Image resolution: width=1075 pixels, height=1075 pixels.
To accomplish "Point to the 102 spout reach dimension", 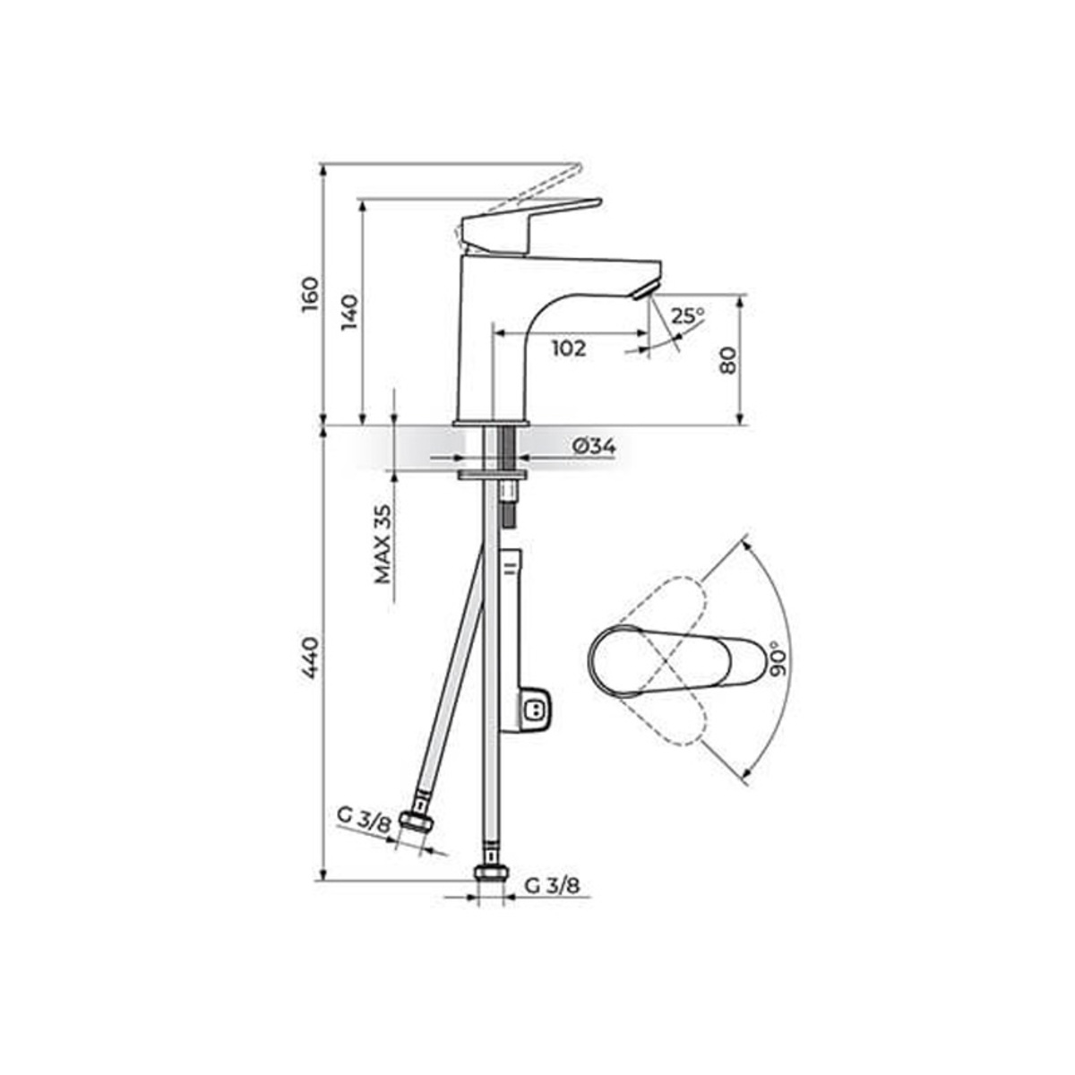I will [x=568, y=348].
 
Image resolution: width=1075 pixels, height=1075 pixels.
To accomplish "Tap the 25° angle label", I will [x=688, y=315].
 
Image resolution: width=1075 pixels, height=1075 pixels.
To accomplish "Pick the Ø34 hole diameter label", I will [x=592, y=445].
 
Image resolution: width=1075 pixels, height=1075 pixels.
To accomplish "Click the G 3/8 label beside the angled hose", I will [x=364, y=818].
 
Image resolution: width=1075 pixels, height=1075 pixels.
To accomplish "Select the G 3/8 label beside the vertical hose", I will [x=552, y=886].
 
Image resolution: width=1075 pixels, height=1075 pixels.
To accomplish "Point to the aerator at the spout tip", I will [x=642, y=290].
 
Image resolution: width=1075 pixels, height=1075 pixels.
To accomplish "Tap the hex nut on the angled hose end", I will [x=414, y=821].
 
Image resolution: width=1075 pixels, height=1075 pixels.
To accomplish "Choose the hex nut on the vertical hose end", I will [x=489, y=874].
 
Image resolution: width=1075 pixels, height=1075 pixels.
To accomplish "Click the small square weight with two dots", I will [x=536, y=710].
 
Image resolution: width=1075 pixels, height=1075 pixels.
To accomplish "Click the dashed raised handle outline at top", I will [x=529, y=187].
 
